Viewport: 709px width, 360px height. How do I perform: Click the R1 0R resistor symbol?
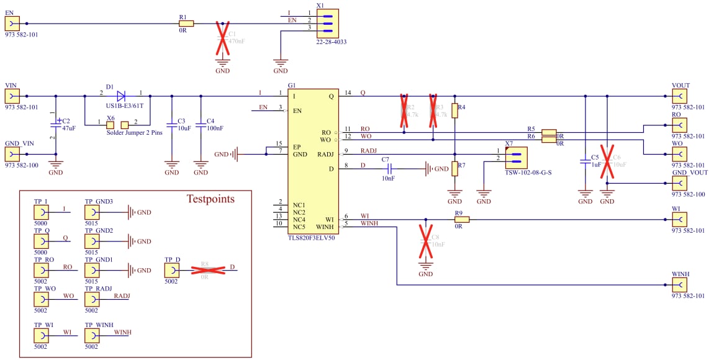[x=186, y=24]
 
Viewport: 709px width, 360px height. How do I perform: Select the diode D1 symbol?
[x=121, y=96]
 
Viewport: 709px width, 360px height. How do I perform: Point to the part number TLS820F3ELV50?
[x=310, y=238]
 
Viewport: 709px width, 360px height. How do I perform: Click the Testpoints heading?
[x=211, y=199]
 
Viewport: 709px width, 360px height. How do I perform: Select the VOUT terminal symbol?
[x=679, y=96]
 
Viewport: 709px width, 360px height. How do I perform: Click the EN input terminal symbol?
[x=12, y=24]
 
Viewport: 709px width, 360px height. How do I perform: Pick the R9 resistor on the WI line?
[x=461, y=219]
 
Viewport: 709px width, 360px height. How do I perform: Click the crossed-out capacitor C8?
[x=425, y=241]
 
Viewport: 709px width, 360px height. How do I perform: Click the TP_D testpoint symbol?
[x=171, y=269]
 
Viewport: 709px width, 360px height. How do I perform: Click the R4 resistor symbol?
[x=454, y=111]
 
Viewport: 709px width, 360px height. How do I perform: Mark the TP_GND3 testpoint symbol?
[x=91, y=212]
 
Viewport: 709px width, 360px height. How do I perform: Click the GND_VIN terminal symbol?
[x=12, y=154]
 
